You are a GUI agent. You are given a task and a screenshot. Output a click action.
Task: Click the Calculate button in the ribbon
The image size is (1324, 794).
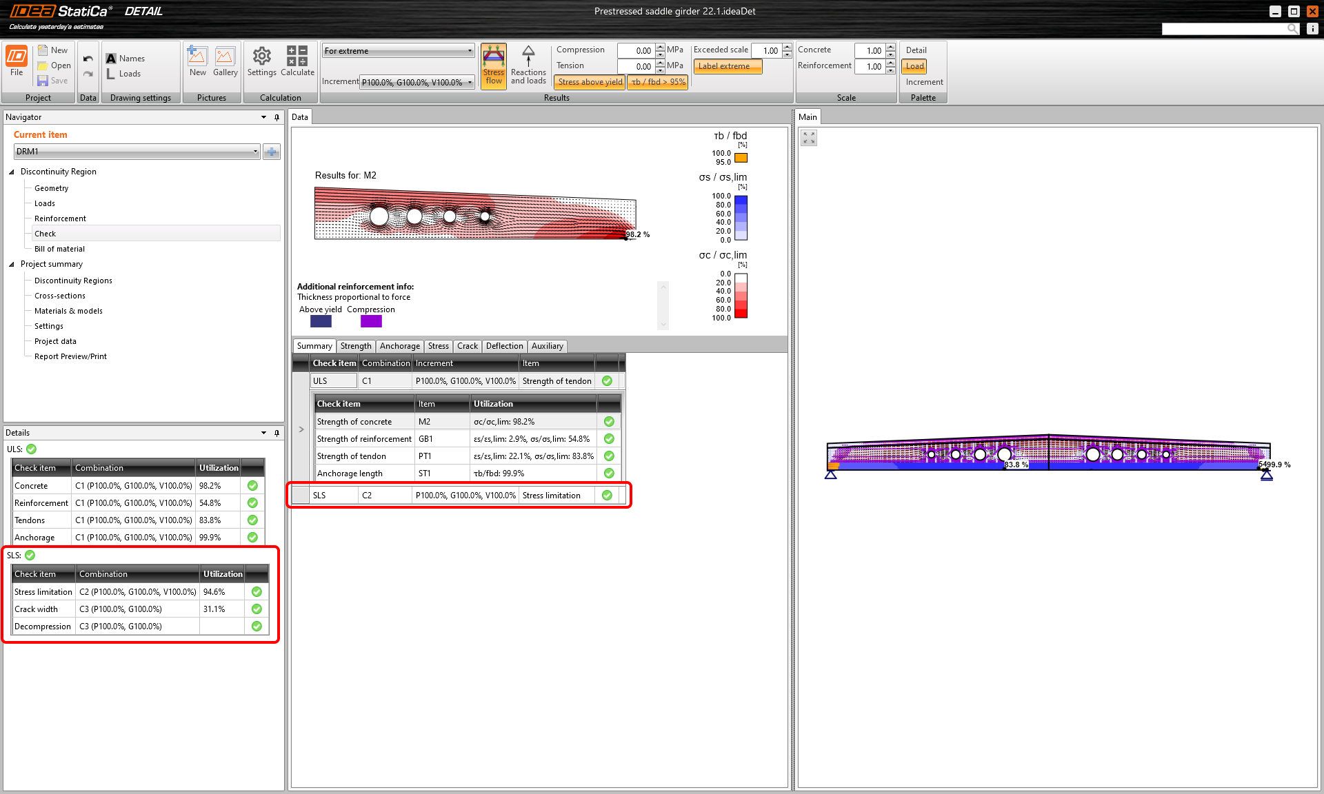pos(297,61)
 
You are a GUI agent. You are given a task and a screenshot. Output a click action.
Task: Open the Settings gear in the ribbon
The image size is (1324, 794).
pos(261,61)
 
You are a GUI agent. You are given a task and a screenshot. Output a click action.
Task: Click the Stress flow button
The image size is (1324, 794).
pos(494,65)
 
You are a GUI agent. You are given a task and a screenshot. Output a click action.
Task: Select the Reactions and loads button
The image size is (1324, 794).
pos(528,65)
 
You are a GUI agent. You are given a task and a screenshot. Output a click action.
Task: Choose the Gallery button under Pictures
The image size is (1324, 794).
pos(225,61)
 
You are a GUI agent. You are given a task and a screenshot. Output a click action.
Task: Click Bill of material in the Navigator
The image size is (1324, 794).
pos(59,249)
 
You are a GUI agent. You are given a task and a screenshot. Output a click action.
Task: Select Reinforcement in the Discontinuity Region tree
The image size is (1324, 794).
pos(60,218)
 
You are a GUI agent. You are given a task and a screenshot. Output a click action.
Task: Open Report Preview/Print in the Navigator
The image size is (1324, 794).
pos(70,356)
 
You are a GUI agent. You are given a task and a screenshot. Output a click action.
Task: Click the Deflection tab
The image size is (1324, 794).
pos(504,346)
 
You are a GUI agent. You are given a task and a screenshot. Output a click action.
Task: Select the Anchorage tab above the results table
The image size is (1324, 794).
pos(399,346)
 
